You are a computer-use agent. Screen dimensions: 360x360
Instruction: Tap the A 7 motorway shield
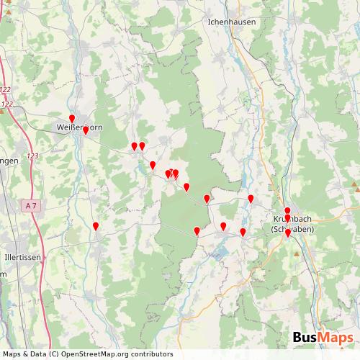30,206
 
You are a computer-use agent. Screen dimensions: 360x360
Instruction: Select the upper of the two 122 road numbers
6,89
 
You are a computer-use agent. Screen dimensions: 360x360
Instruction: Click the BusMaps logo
323,338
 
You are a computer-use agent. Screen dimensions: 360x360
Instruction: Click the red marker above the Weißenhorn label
71,119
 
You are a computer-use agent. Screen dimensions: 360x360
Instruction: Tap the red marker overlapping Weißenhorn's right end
85,130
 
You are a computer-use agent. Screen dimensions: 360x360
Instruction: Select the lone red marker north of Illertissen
96,227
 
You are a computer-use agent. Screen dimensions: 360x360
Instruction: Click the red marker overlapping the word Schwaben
288,233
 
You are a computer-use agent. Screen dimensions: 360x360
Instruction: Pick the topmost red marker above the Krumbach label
287,211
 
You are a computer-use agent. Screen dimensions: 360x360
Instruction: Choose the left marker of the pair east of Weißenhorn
134,146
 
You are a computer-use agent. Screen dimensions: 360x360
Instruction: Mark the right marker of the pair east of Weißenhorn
142,146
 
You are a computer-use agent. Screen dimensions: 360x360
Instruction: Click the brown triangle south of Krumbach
297,253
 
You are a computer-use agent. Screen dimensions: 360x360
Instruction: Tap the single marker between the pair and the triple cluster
153,165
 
